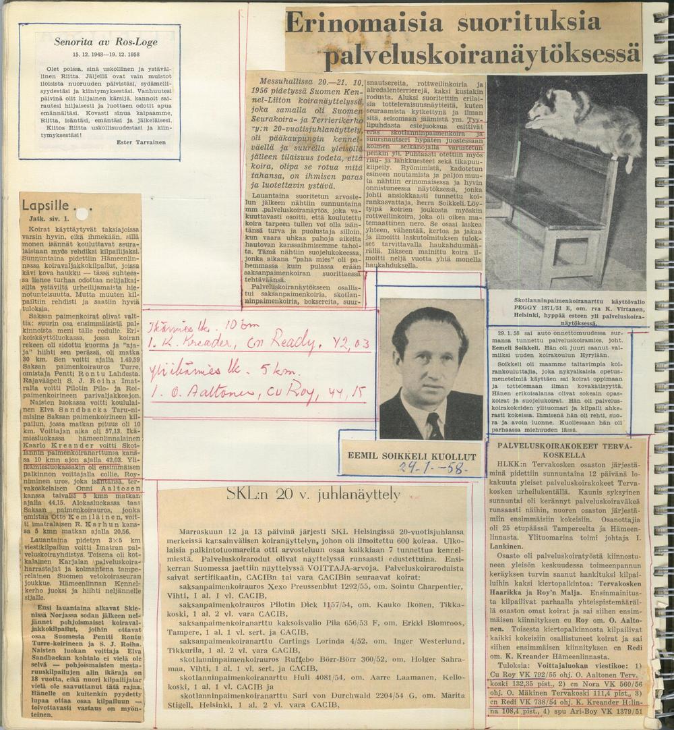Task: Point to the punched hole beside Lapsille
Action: pyautogui.click(x=82, y=214)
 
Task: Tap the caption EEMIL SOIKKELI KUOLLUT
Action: pyautogui.click(x=411, y=457)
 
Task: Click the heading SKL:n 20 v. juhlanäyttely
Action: pyautogui.click(x=313, y=495)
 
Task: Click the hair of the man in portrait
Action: pyautogui.click(x=429, y=324)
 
